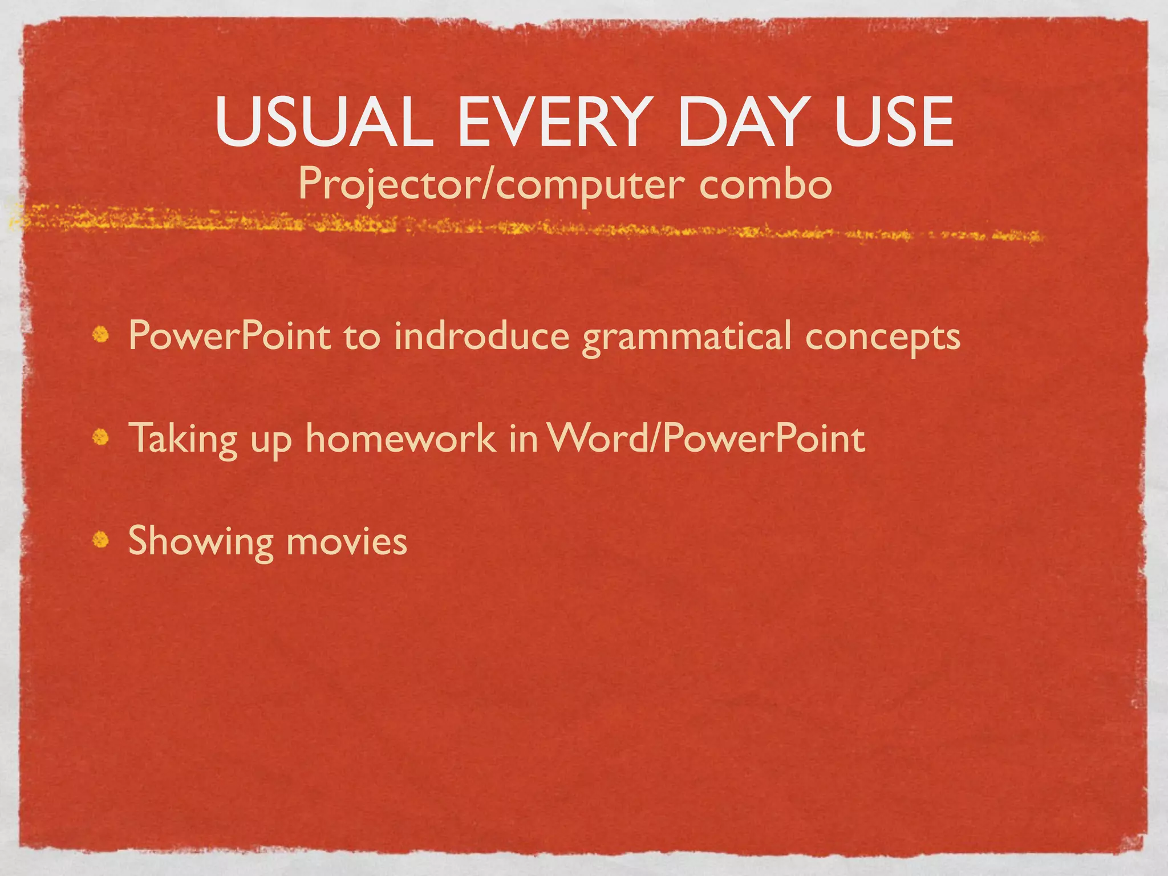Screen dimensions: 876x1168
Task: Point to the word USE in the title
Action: coord(894,121)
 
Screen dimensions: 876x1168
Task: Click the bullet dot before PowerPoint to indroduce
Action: coord(102,335)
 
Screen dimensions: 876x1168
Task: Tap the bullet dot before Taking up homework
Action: coord(101,437)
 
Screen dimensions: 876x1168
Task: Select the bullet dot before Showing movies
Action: coord(101,540)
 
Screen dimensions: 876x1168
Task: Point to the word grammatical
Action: coord(687,336)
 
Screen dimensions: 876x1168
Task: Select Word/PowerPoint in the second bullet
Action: coord(705,438)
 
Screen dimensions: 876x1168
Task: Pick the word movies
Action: coord(347,541)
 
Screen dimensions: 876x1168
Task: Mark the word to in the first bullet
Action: coord(362,336)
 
